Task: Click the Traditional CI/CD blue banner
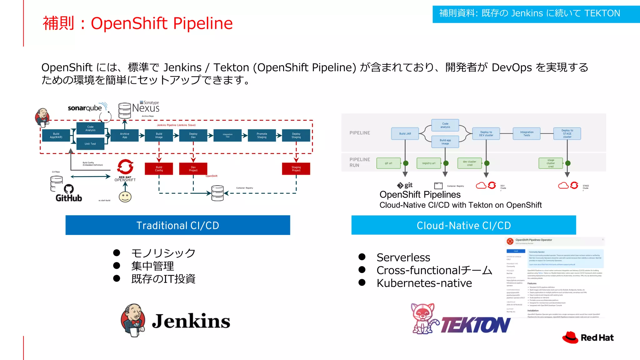(177, 225)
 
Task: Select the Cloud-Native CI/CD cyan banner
(463, 225)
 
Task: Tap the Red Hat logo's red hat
(570, 337)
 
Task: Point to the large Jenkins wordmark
(191, 321)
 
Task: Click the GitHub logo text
(68, 198)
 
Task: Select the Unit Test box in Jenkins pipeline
(90, 144)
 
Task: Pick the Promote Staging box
(262, 136)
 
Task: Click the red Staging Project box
(296, 169)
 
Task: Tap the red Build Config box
(159, 169)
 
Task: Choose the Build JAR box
(405, 134)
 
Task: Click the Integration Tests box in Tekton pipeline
(527, 134)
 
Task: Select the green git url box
(388, 163)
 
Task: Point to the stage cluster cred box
(550, 163)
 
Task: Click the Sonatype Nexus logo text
(146, 108)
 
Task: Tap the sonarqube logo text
(85, 108)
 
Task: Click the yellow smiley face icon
(125, 197)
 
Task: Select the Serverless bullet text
(403, 257)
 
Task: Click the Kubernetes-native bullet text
(424, 283)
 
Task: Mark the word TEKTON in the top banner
(602, 13)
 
